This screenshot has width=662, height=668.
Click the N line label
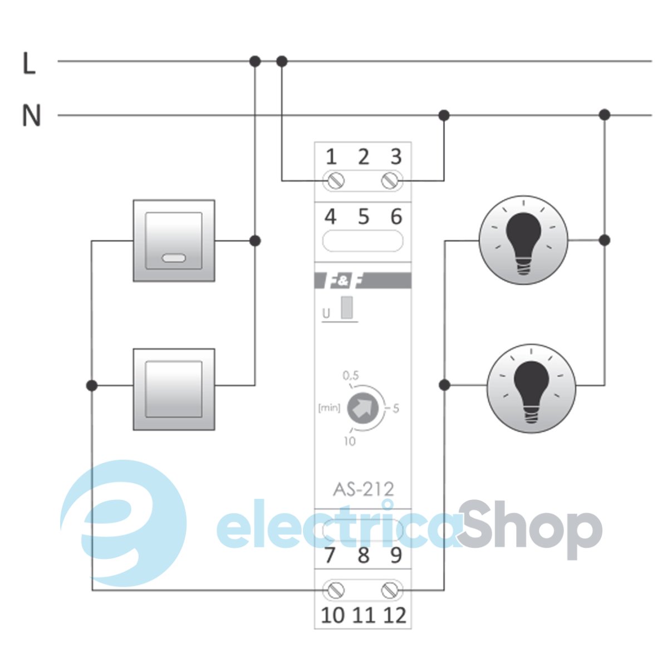click(31, 116)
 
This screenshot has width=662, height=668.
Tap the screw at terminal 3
click(391, 180)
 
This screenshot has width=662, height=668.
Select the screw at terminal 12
click(391, 590)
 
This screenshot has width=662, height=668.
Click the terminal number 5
click(364, 217)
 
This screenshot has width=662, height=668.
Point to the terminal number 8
click(364, 555)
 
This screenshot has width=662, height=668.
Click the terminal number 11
click(364, 615)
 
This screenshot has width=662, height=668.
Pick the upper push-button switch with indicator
click(174, 240)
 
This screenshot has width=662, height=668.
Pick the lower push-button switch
click(174, 389)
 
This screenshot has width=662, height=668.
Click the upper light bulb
click(523, 240)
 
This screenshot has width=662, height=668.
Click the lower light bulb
click(531, 388)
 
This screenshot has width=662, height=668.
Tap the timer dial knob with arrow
click(362, 409)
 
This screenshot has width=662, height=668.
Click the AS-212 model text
click(363, 489)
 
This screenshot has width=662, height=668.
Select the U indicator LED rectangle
click(347, 308)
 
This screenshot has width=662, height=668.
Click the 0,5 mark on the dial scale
click(351, 376)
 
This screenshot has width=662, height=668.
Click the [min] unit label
click(328, 409)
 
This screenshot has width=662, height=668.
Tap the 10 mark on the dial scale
click(350, 441)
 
